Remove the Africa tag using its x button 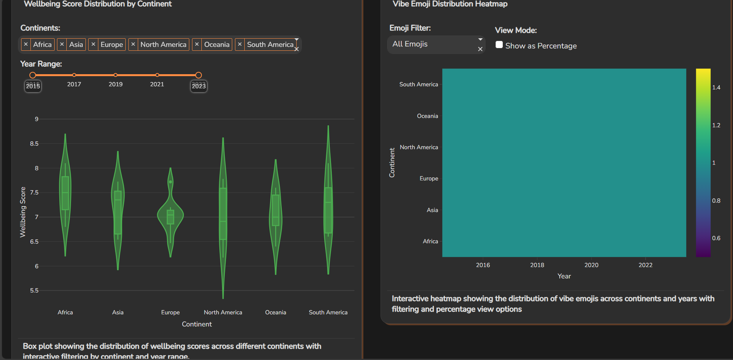point(26,45)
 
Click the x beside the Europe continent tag point(93,45)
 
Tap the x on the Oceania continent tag point(197,45)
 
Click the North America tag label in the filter point(163,45)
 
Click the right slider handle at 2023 point(198,75)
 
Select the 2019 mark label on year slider point(116,84)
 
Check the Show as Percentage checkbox point(499,45)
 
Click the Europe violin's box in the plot point(171,217)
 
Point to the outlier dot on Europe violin point(171,182)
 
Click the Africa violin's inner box point(65,193)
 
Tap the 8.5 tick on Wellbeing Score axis point(34,144)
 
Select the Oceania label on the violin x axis point(276,312)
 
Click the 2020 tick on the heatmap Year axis point(591,265)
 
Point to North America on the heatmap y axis point(419,147)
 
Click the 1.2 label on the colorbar point(716,125)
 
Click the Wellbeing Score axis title point(23,212)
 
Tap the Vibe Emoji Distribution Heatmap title point(450,4)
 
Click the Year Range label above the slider point(41,64)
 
